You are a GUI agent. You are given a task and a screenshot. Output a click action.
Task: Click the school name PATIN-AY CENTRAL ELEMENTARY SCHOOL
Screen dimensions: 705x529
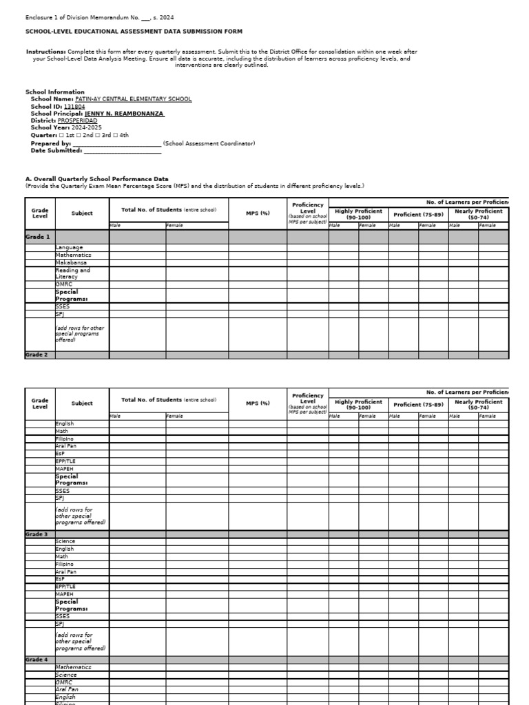pyautogui.click(x=133, y=99)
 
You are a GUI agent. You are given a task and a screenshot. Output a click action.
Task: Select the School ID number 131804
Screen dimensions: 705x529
pyautogui.click(x=74, y=107)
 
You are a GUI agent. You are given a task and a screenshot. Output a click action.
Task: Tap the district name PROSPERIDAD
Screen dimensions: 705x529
pyautogui.click(x=87, y=120)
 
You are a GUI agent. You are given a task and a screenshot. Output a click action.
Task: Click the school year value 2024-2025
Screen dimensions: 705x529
pyautogui.click(x=85, y=128)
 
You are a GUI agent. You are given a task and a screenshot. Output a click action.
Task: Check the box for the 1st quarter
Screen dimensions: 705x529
pyautogui.click(x=61, y=136)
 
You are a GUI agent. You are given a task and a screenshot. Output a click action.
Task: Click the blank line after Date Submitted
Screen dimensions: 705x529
pyautogui.click(x=123, y=151)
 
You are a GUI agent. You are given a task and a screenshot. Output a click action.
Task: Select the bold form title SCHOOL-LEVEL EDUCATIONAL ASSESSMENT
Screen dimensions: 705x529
pyautogui.click(x=134, y=32)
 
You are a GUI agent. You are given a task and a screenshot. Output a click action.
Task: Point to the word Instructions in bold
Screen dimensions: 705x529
pyautogui.click(x=45, y=52)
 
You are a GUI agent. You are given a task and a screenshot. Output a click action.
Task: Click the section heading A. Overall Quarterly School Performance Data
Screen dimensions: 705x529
pyautogui.click(x=96, y=179)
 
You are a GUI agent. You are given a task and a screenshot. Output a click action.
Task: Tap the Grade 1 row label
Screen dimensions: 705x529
pyautogui.click(x=38, y=237)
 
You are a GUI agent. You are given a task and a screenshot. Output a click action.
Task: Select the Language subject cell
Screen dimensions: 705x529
pyautogui.click(x=69, y=248)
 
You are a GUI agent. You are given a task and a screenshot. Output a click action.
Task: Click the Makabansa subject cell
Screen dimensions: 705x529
pyautogui.click(x=72, y=262)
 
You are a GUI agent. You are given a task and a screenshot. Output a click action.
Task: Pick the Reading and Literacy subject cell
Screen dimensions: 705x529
pyautogui.click(x=73, y=273)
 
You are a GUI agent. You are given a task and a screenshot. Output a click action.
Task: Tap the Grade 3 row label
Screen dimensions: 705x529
pyautogui.click(x=37, y=534)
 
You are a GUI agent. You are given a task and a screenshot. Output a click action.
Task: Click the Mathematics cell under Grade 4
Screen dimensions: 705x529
pyautogui.click(x=73, y=667)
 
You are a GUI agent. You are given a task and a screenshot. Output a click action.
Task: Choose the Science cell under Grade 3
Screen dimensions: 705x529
pyautogui.click(x=65, y=542)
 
